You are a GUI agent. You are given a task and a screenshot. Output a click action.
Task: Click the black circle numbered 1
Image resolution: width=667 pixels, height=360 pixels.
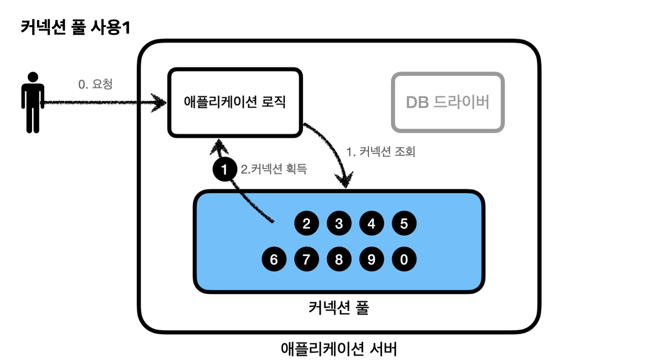tap(224, 169)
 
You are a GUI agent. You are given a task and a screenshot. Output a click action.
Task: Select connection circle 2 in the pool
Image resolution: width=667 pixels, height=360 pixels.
tap(306, 223)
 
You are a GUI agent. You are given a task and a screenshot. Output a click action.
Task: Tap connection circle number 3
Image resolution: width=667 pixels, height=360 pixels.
tap(339, 223)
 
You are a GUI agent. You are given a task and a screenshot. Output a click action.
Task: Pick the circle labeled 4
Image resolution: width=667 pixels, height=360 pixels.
tap(371, 223)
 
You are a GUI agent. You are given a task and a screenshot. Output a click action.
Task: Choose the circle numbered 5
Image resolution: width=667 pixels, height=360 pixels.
tap(404, 223)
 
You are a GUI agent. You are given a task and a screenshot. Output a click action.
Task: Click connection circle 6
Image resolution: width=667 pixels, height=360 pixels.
tap(274, 259)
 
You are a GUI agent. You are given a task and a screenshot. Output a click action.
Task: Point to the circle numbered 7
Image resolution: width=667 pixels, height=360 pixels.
tap(306, 259)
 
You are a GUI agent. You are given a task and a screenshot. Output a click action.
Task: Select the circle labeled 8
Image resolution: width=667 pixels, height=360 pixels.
tap(339, 259)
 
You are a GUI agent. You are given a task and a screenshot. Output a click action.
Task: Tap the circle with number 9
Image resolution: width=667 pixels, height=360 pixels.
tap(371, 259)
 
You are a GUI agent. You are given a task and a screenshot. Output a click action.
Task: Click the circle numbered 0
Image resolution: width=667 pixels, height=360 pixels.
tap(404, 259)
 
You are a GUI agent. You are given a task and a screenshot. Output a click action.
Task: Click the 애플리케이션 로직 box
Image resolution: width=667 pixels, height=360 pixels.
tap(235, 102)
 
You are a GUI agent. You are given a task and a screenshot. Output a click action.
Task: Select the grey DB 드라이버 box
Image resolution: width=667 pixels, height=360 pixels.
tap(448, 102)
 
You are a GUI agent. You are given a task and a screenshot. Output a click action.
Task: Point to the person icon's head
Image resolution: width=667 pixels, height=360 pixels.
tap(33, 77)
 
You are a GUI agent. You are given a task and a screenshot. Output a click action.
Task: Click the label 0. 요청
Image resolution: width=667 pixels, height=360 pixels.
tap(95, 84)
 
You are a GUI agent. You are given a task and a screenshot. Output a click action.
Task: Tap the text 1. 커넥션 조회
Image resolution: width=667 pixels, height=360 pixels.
tap(381, 152)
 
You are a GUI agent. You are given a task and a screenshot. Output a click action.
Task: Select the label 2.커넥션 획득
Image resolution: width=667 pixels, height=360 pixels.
tap(274, 169)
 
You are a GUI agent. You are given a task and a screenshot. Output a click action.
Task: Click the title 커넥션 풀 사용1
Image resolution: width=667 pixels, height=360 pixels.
tap(76, 27)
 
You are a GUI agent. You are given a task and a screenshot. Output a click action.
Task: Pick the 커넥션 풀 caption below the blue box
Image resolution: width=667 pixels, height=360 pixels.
tap(339, 308)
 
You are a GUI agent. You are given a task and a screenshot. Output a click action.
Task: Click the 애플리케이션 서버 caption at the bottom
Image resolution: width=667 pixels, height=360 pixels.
tap(339, 348)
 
